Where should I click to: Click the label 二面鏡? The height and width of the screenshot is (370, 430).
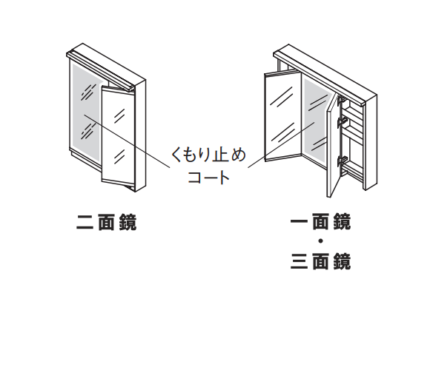[107, 222]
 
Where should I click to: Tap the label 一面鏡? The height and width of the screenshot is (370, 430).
[320, 221]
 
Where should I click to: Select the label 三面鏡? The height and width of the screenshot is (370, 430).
[320, 261]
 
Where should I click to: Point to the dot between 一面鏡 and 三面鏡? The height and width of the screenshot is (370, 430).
[320, 241]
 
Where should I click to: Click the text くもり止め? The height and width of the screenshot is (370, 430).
[208, 155]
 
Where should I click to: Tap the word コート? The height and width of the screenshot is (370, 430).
[208, 177]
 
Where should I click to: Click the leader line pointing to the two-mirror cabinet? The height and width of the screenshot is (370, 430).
[127, 141]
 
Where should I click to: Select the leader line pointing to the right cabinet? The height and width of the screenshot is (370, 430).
[281, 145]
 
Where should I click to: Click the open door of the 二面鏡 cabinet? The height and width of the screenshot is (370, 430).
[119, 136]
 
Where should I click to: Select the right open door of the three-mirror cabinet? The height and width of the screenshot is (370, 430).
[333, 145]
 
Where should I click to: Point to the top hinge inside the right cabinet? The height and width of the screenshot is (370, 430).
[342, 100]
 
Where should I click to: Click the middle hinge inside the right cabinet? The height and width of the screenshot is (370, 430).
[343, 121]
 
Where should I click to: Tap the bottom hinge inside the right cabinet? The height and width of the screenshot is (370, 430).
[343, 160]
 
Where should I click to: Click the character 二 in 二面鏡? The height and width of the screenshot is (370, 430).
[85, 222]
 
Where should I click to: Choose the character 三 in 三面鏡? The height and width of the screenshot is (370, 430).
[299, 261]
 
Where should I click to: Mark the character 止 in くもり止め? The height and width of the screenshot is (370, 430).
[216, 155]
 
